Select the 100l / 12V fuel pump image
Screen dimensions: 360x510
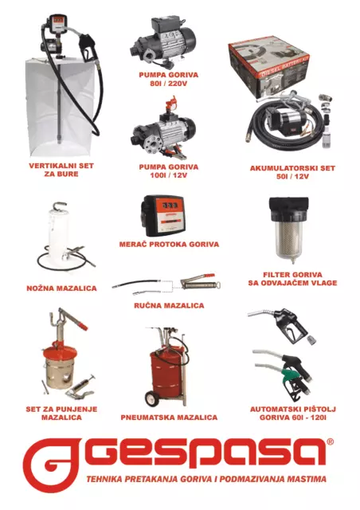click(163, 130)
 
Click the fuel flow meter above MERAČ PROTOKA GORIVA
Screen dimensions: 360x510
click(163, 215)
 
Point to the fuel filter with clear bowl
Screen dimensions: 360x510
click(289, 230)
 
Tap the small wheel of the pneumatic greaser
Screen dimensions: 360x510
click(151, 398)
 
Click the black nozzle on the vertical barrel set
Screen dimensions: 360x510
click(86, 46)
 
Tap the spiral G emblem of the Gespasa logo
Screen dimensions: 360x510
click(52, 465)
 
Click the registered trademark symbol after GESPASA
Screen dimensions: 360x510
click(330, 441)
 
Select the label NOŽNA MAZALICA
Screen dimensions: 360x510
click(61, 288)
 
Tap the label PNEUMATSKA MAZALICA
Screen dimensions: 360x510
click(169, 418)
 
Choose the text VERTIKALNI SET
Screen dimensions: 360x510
click(61, 166)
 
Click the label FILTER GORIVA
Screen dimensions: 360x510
click(292, 274)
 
